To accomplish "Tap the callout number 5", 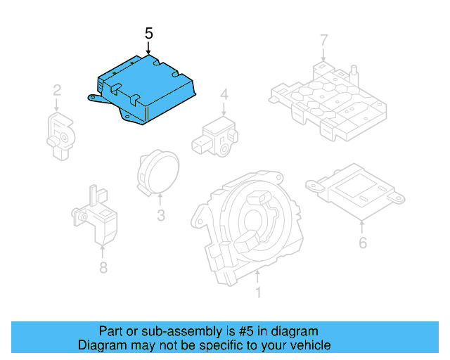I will tap(148, 33).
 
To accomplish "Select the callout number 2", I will tap(58, 90).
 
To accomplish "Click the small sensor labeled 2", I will tap(60, 131).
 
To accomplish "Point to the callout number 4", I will tap(224, 95).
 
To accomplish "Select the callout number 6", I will tap(362, 243).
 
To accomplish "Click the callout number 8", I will tap(103, 267).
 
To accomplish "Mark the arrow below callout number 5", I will tap(148, 49).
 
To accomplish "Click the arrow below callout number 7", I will tap(323, 53).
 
